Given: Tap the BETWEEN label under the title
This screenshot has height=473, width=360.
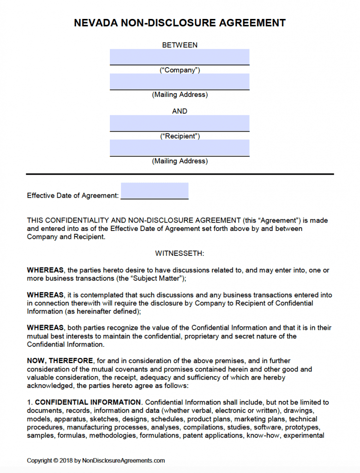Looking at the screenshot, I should (x=180, y=45).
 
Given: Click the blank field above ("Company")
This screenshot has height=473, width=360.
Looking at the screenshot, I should (x=180, y=57).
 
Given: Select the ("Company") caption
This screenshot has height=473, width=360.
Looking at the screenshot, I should (x=180, y=70).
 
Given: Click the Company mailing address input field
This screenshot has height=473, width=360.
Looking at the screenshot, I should (x=180, y=82).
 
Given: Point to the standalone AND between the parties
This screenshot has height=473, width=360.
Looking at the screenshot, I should (x=180, y=111).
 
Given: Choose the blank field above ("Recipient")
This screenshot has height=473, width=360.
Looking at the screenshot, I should (x=180, y=123).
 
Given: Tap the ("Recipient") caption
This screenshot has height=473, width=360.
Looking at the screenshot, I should (x=180, y=136).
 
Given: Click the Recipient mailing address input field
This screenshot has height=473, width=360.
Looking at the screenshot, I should (x=180, y=148).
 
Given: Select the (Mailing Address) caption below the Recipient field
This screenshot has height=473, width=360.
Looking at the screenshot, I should (x=180, y=161).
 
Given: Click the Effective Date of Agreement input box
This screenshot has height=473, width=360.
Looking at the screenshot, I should (x=154, y=191).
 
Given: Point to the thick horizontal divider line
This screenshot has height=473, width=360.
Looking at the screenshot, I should (x=180, y=174).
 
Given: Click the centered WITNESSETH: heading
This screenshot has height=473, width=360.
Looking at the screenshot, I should (x=180, y=254).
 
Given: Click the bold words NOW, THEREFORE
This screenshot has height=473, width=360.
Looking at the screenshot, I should (x=60, y=361).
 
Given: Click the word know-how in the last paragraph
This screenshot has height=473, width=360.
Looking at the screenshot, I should (x=260, y=436).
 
